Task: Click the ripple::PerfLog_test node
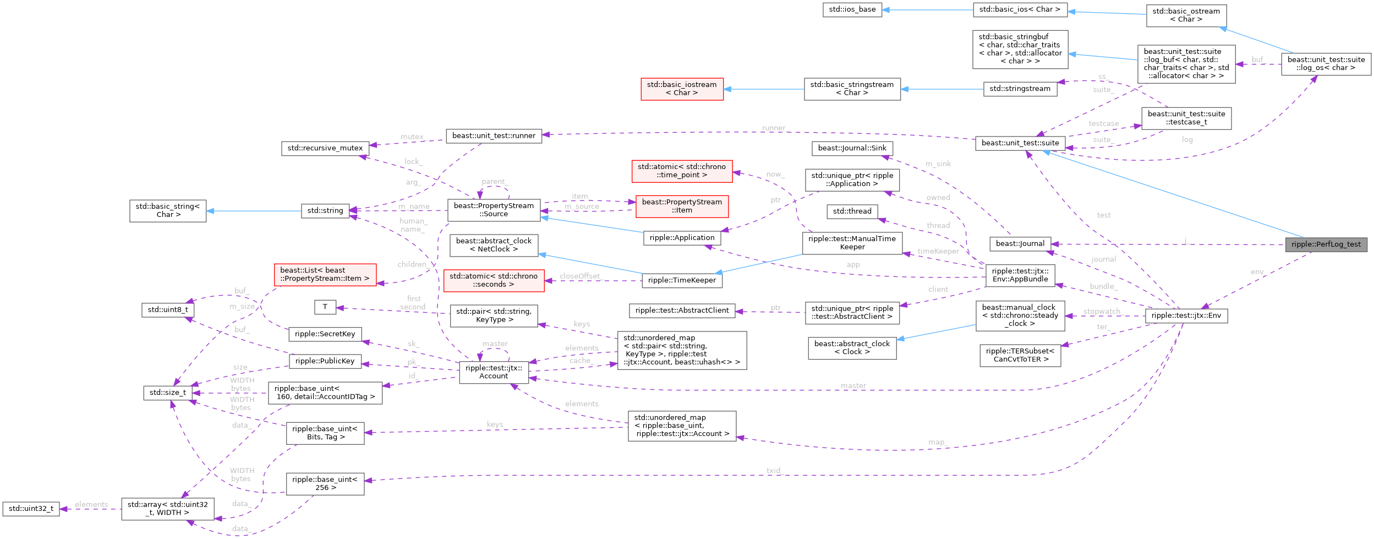[1326, 244]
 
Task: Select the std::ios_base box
[852, 9]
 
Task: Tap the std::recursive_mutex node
[325, 148]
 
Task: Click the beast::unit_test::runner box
[494, 135]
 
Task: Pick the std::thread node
[852, 211]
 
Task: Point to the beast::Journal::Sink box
[852, 148]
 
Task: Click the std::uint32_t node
[31, 508]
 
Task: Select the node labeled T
[325, 307]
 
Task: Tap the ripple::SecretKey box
[325, 334]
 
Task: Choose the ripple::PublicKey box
[325, 361]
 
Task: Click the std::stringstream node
[1020, 89]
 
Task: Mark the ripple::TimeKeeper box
[682, 280]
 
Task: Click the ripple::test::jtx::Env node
[1186, 315]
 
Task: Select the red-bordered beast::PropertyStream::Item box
[682, 206]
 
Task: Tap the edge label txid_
[774, 471]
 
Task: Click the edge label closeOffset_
[580, 276]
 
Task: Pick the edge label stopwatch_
[1102, 312]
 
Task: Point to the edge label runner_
[774, 128]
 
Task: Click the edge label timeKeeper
[938, 251]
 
